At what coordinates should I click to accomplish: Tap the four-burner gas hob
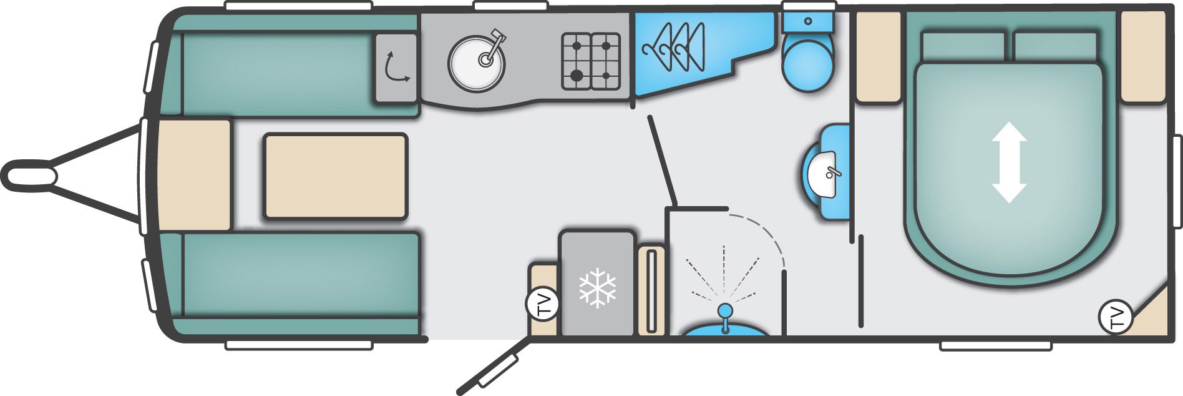(591, 61)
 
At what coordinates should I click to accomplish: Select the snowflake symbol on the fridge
(597, 288)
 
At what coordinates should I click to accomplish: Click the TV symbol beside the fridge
(542, 304)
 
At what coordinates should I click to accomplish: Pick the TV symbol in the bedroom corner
(1115, 317)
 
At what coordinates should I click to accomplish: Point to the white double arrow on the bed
(1009, 162)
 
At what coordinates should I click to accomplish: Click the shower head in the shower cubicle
(724, 310)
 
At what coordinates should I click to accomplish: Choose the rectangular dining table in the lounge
(336, 176)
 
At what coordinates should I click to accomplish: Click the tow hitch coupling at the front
(30, 174)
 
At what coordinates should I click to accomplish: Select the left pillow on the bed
(963, 48)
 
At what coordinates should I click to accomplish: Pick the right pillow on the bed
(1055, 48)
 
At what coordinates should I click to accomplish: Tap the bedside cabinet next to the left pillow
(879, 57)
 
